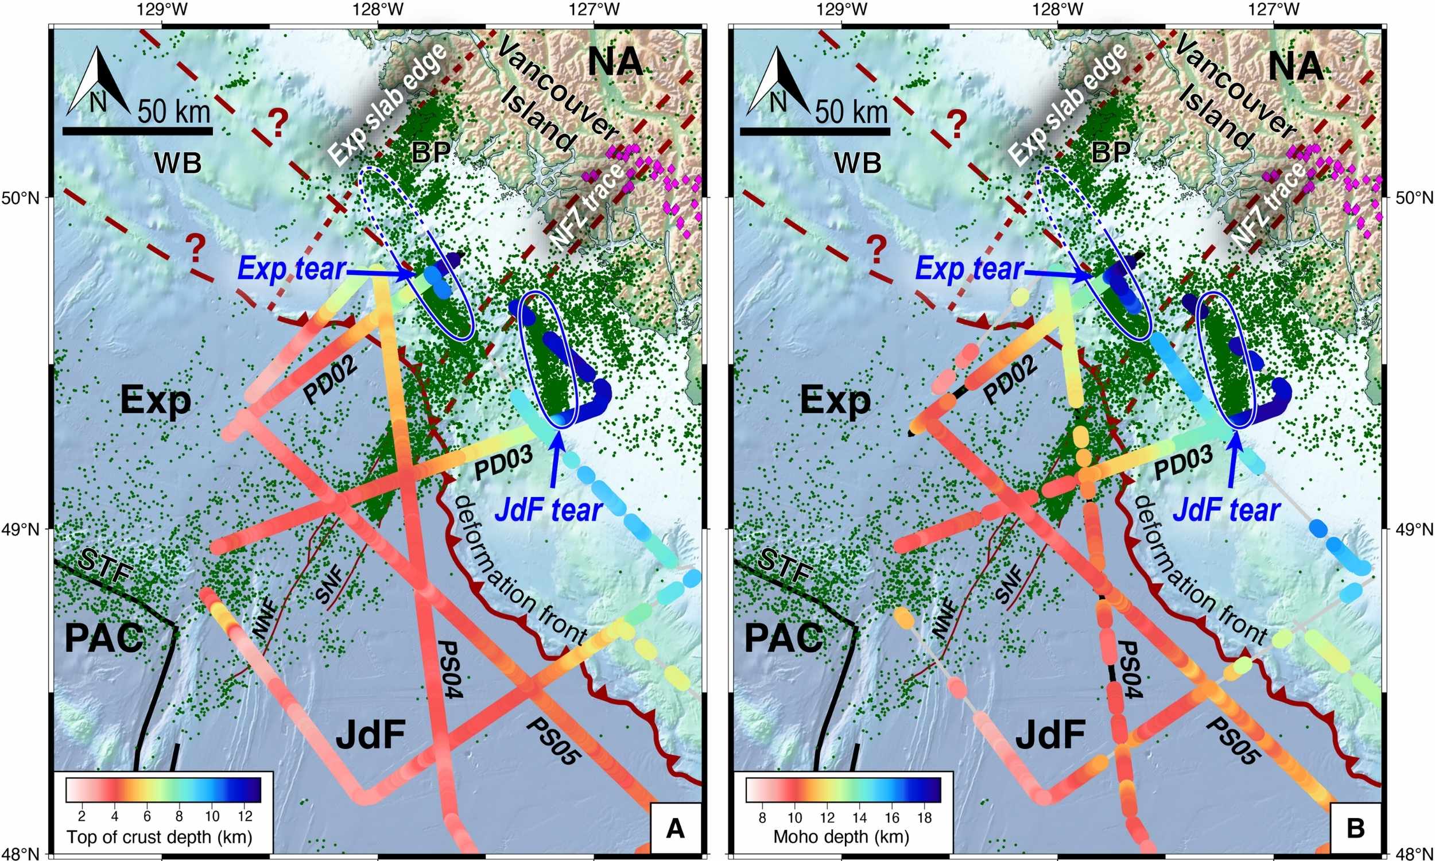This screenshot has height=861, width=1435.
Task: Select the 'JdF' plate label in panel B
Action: coord(1050,735)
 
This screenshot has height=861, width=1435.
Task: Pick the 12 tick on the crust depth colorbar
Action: coord(245,817)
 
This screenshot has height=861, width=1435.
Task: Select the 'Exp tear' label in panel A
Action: coord(292,270)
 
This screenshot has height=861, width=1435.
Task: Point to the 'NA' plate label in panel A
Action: coord(615,62)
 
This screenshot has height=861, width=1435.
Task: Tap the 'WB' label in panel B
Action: coord(858,163)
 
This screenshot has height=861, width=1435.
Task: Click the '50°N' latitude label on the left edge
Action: coord(24,199)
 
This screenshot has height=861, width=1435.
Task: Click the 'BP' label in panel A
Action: coord(431,153)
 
